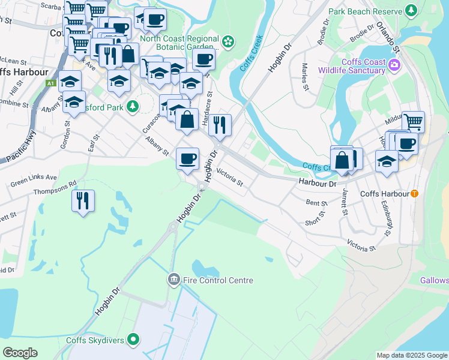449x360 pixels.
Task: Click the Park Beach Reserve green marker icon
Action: [411, 11]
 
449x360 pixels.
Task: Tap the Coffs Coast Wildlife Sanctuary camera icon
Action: [394, 64]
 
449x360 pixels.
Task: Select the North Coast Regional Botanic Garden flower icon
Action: [228, 41]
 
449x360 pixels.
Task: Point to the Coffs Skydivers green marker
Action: [134, 340]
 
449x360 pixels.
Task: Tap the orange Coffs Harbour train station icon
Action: [414, 194]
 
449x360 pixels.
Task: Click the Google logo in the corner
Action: [20, 353]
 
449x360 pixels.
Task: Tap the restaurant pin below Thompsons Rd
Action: [83, 200]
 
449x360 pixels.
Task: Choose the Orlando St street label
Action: [387, 36]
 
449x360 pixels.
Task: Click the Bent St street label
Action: [316, 203]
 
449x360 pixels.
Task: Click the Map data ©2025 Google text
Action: [411, 355]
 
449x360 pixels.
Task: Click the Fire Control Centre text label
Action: [218, 280]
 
